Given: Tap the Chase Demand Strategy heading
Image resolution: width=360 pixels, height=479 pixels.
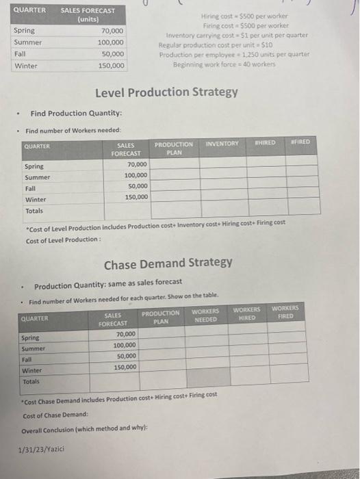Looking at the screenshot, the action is click(x=168, y=262).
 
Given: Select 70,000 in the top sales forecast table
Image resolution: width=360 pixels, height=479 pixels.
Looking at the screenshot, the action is click(x=112, y=31).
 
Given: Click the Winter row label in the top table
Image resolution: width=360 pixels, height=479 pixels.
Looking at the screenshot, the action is click(x=25, y=66).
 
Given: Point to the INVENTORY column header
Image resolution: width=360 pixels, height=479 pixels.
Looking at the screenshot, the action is click(x=222, y=144).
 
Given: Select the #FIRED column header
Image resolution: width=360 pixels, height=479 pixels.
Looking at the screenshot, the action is click(x=300, y=142).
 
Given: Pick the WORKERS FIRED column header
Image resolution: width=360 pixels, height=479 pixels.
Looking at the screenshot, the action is click(x=285, y=313).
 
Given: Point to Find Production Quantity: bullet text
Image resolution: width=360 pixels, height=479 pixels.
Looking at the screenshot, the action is click(x=76, y=114).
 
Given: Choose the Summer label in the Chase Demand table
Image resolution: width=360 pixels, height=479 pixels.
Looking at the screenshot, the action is click(x=32, y=348).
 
